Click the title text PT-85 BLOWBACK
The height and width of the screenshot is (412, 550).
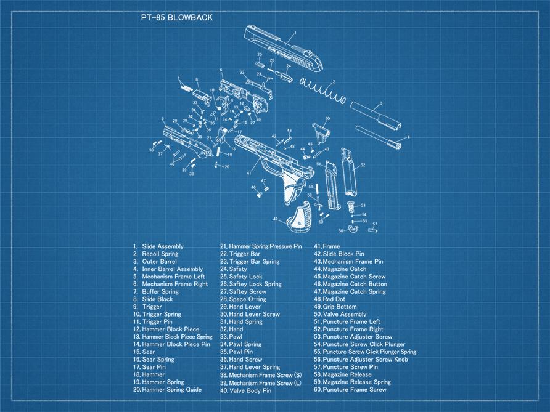(177, 18)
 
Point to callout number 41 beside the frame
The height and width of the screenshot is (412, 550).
(249, 173)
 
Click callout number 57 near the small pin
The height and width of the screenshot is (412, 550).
(374, 224)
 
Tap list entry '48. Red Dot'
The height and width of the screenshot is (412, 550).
(334, 299)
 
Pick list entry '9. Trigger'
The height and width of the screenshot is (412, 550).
(148, 307)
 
